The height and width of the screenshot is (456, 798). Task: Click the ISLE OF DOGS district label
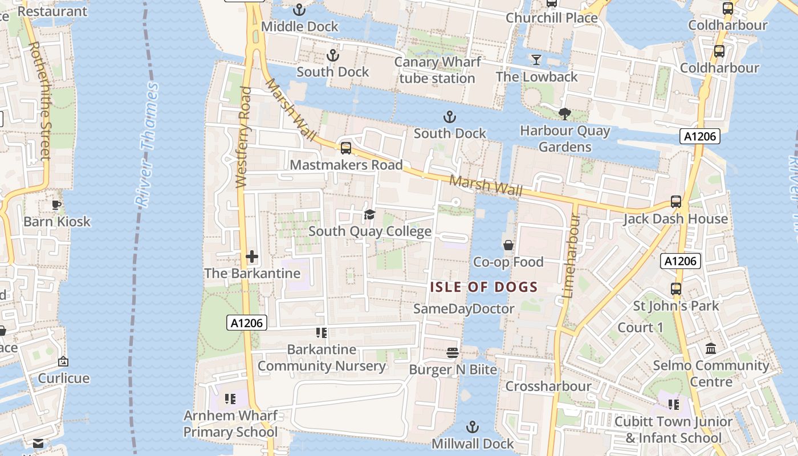point(484,287)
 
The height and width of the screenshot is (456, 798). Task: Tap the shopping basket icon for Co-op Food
point(508,245)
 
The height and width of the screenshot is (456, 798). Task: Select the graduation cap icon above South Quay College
point(370,215)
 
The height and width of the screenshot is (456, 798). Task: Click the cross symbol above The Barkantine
point(252,256)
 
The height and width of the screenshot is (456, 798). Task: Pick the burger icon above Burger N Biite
point(453,353)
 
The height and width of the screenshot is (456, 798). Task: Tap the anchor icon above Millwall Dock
point(473,426)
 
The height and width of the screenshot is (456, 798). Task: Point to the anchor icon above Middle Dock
point(299,10)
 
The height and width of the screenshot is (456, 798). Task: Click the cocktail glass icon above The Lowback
point(536,59)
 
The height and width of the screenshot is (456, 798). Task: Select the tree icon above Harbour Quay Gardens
point(565,114)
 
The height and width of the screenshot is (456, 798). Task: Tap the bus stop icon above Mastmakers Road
point(346,148)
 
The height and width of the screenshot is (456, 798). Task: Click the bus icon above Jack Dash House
point(676,202)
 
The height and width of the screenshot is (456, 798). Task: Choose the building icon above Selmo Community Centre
point(711,348)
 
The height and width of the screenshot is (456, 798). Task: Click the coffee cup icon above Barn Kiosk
point(56,205)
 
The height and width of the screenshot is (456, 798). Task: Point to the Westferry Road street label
point(243,137)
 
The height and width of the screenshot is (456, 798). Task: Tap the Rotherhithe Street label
point(40,100)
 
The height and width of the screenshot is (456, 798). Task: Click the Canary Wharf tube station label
point(437,70)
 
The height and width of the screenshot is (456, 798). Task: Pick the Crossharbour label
point(548,386)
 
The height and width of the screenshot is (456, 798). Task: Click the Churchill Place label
point(552,18)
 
